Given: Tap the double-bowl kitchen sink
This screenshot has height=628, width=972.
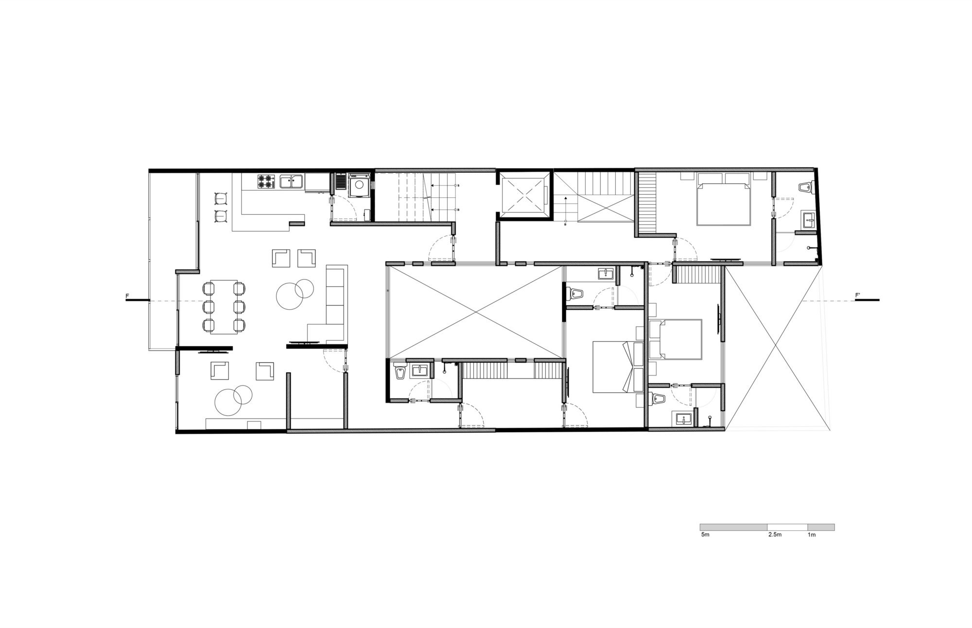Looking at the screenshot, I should pos(292,182).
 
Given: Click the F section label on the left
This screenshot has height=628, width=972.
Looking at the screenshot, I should pos(127,296).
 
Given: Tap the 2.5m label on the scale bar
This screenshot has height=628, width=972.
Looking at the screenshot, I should pos(775,535).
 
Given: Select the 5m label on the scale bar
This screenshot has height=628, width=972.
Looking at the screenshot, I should pos(705,535).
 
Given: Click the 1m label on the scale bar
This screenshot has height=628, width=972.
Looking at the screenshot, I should pos(812,535).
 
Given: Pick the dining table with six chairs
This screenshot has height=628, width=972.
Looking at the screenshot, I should pos(224,307).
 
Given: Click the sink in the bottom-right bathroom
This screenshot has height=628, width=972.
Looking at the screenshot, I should pos(683,419).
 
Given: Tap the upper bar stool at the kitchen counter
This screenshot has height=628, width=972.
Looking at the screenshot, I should pos(221,198).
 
